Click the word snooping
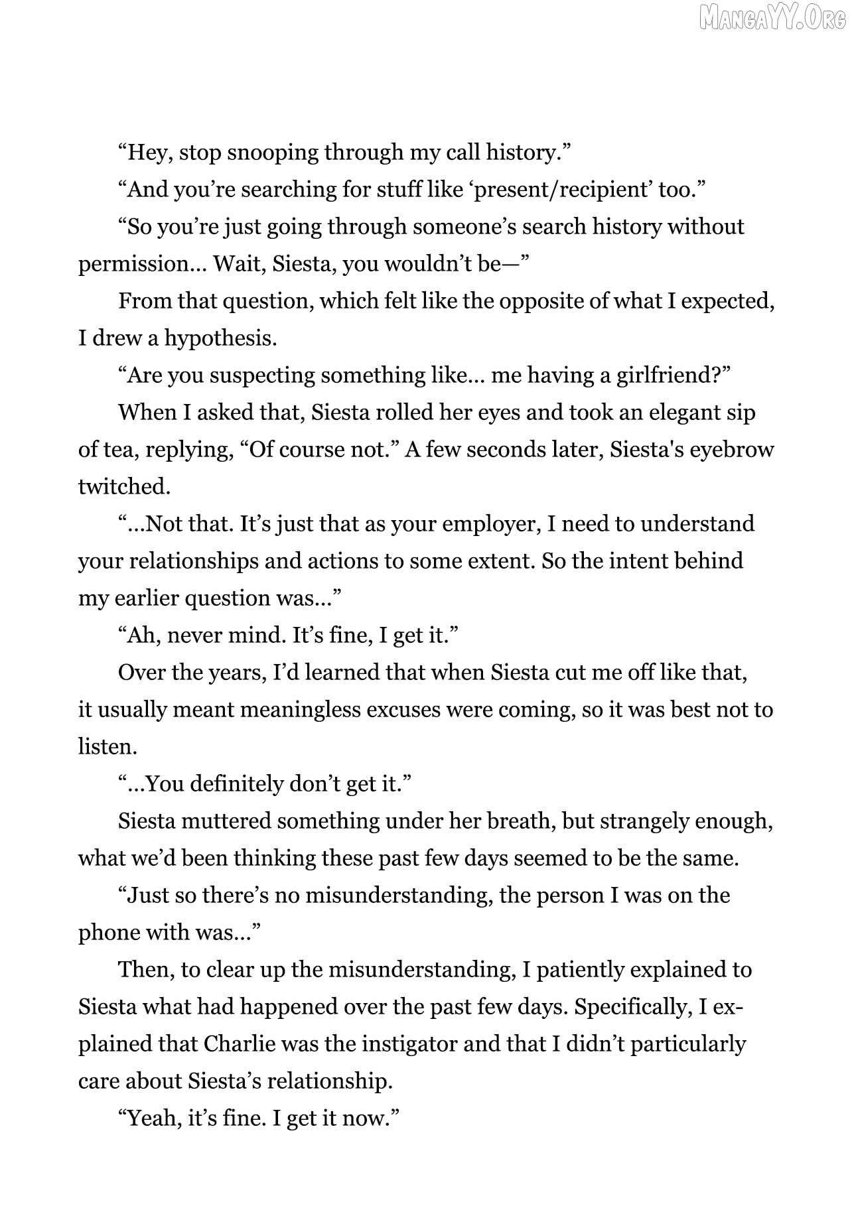click(x=272, y=153)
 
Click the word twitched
click(x=124, y=488)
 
